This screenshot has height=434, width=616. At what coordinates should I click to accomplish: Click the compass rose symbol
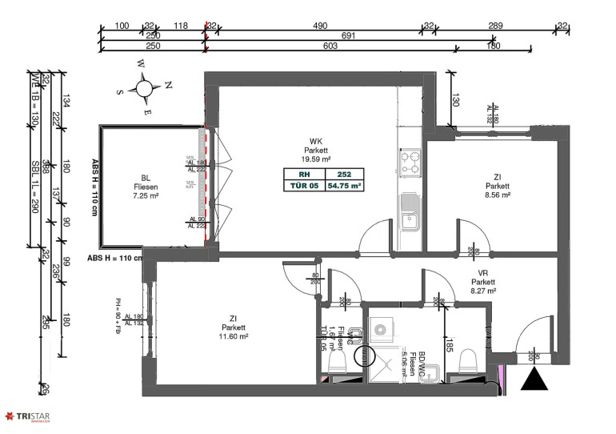(145, 87)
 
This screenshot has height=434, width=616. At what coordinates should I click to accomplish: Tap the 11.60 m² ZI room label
(234, 328)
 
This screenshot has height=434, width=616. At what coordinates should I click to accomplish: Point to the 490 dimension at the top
(320, 26)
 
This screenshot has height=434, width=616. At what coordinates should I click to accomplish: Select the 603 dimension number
(330, 46)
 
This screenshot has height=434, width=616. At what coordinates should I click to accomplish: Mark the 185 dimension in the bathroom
(450, 346)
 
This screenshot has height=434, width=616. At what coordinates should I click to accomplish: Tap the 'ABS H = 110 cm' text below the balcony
(114, 258)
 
